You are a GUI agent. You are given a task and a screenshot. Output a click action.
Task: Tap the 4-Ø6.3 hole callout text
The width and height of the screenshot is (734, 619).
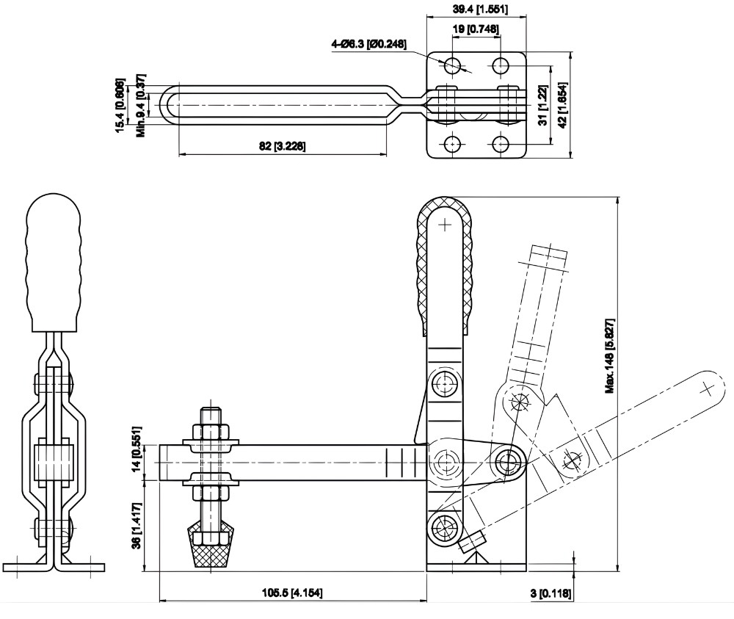coord(368,45)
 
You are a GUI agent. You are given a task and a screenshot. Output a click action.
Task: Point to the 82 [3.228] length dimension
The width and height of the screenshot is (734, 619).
coord(283,146)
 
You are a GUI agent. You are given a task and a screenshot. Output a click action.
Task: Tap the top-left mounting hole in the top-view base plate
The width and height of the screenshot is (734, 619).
coord(452,65)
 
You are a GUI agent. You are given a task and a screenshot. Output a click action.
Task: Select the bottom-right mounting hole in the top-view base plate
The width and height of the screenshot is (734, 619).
coord(501,142)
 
